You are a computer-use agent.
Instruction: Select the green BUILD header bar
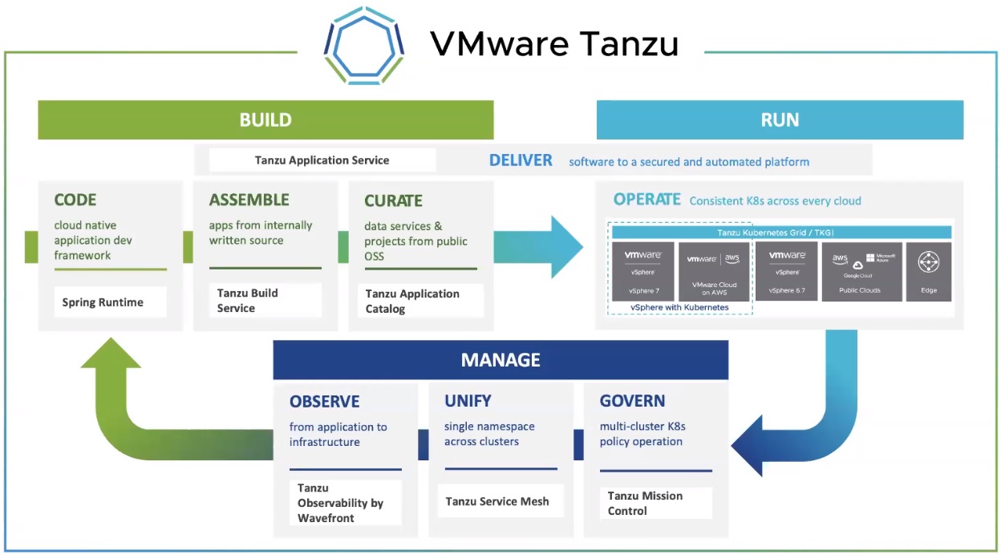point(265,120)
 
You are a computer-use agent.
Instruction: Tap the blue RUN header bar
point(780,120)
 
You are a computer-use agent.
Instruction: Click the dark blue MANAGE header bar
point(500,360)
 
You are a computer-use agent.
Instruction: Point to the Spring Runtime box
point(103,302)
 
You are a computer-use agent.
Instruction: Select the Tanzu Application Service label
point(322,160)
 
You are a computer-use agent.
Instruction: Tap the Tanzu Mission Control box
point(646,503)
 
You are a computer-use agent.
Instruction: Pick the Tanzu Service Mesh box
point(497,501)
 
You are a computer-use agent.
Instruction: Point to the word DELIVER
point(521,160)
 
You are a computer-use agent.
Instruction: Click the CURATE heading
point(393,201)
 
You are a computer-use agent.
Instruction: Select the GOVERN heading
point(633,401)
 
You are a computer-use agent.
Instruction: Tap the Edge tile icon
point(929,263)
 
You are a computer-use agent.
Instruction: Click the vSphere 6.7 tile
point(786,272)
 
